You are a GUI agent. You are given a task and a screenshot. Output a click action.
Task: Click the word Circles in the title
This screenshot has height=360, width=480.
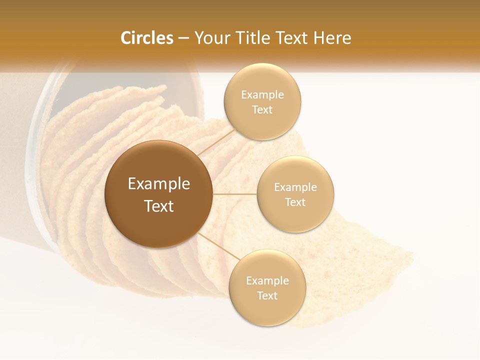point(146,38)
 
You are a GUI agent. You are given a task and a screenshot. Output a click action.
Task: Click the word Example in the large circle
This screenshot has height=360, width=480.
point(159,184)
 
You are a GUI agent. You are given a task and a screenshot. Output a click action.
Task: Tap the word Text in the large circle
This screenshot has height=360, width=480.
point(159,206)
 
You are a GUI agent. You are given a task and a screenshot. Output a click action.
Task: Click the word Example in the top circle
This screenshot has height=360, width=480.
point(262,95)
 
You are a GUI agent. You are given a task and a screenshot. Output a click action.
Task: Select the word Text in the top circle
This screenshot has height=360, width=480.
point(262,110)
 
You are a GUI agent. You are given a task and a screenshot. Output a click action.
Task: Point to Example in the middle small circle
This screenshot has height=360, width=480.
point(295,187)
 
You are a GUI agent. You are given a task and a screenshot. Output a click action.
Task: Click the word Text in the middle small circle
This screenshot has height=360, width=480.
point(295,202)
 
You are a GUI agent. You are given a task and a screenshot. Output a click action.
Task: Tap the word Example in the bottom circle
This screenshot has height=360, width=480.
point(267,281)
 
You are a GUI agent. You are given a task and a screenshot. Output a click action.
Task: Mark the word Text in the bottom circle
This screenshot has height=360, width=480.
point(267,295)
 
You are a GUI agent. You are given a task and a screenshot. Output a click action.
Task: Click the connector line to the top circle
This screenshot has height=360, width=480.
point(215,142)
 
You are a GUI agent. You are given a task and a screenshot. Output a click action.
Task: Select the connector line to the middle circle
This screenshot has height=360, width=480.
point(235,194)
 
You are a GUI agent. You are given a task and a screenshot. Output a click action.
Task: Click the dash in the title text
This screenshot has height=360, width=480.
point(183,38)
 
